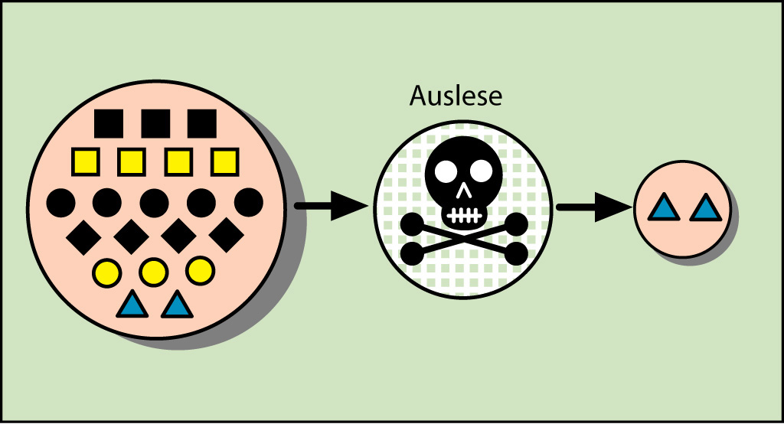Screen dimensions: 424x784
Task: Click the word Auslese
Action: pos(456,96)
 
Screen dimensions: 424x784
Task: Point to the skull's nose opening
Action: pos(463,189)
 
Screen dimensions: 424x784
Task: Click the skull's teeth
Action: pos(463,214)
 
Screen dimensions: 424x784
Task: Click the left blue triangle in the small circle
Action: pos(663,207)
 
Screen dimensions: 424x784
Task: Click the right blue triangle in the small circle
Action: pos(705,207)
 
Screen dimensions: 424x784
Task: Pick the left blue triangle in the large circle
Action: pos(132,305)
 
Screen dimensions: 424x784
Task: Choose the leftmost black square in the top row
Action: pos(108,122)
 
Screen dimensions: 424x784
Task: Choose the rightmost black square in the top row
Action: pos(202,122)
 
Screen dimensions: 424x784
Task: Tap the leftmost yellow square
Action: pos(85,161)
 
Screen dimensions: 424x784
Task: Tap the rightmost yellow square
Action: pos(224,161)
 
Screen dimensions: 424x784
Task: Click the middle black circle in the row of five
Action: pos(154,202)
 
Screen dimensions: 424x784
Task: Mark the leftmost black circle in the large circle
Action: pos(60,202)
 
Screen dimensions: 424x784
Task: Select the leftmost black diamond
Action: pos(83,236)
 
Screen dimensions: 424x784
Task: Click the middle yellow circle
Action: pos(154,270)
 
